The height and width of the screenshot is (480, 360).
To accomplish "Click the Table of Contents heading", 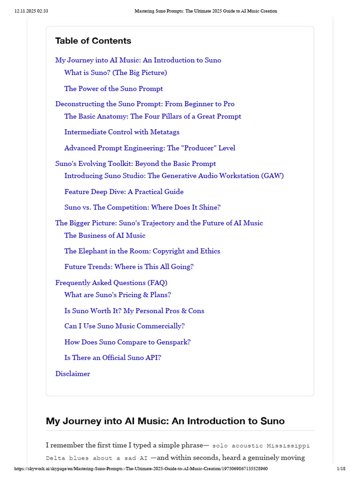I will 93,41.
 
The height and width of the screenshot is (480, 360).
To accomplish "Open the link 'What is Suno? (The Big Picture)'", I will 115,73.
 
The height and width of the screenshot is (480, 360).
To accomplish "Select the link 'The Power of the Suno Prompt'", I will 113,89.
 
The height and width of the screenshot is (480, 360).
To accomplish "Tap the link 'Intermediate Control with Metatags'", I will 122,132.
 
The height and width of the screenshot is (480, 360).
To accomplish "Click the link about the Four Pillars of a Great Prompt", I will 152,116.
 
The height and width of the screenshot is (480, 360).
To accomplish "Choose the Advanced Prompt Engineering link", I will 150,148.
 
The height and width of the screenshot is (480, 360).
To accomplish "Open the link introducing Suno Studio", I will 174,176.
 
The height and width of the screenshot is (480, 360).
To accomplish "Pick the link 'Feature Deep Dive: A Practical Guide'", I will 124,192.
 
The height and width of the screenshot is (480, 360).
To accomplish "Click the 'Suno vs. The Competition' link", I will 142,207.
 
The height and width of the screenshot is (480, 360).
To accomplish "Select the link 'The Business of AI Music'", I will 105,235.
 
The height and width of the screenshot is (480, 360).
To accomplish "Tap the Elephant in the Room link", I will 142,251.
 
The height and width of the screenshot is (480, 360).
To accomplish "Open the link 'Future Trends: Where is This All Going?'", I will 129,267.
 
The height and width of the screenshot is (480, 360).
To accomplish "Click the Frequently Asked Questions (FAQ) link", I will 111,283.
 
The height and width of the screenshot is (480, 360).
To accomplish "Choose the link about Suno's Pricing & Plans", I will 118,295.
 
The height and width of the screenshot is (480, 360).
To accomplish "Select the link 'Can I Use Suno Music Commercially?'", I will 124,326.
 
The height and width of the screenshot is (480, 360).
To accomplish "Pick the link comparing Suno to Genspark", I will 127,342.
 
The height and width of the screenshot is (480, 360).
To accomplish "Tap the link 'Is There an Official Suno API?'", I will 112,358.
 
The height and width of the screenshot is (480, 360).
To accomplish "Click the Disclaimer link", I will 73,374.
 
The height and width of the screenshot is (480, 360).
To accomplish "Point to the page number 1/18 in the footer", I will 341,469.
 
